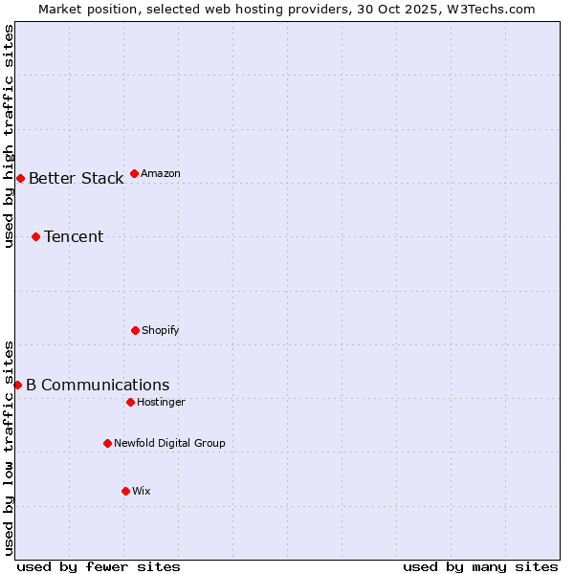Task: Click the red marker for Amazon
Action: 134,173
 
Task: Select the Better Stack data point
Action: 20,178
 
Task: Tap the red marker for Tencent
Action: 35,236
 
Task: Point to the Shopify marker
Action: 135,330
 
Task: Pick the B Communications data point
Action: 17,385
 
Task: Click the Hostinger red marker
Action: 130,402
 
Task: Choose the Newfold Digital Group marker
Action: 107,443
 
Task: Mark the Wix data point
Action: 125,491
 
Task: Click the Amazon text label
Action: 161,173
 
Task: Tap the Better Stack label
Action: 76,178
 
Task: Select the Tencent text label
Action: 74,236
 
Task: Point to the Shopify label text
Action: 161,330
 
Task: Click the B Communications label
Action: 98,385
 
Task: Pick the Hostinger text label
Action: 161,402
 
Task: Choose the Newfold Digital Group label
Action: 169,443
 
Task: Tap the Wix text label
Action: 142,491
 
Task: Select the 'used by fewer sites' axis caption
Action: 99,566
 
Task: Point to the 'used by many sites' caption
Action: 480,566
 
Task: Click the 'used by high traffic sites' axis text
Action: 9,136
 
